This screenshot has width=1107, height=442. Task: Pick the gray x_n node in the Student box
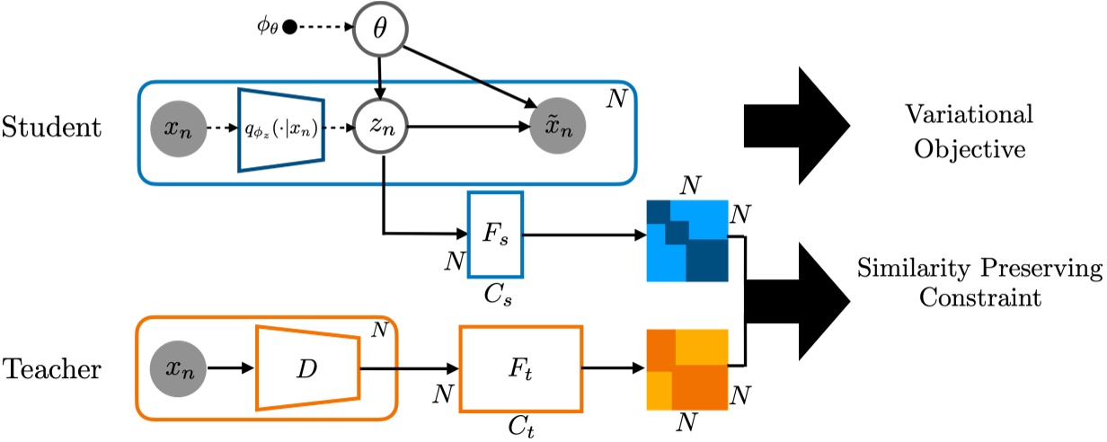[x=180, y=128]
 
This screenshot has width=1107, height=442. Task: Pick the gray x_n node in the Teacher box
[x=180, y=367]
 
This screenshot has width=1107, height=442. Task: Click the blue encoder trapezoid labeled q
[x=279, y=128]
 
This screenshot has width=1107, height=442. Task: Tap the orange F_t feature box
[x=520, y=368]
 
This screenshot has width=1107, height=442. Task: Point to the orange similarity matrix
[x=686, y=367]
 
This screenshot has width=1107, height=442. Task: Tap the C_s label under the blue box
[x=495, y=292]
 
